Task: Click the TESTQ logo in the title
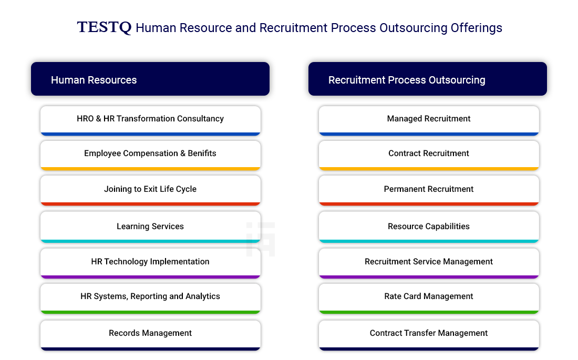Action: [x=104, y=27]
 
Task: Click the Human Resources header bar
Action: [x=150, y=79]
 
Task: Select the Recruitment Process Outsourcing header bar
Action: [x=428, y=79]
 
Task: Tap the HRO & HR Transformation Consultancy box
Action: [x=150, y=121]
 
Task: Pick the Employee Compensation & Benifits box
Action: [x=150, y=155]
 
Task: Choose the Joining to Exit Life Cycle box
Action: [x=150, y=190]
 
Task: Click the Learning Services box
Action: [x=150, y=227]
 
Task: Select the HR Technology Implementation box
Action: [x=150, y=263]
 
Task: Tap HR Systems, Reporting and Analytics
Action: [x=150, y=299]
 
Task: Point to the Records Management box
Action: [x=150, y=335]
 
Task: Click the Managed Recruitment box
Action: [x=429, y=121]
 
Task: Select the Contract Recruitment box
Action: [x=429, y=155]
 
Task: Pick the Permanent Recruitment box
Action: [x=429, y=190]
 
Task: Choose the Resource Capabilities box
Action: [x=429, y=227]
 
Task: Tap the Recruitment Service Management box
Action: [x=429, y=263]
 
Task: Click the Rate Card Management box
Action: [x=429, y=299]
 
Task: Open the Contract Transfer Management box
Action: [x=429, y=335]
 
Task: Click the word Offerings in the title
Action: [x=476, y=28]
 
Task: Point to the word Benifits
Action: [x=202, y=153]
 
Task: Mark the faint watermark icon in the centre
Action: [x=261, y=239]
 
